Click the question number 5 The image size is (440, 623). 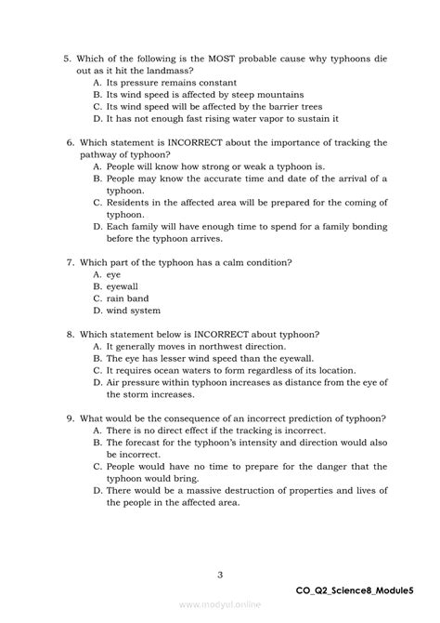point(68,58)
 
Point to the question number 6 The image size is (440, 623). point(68,142)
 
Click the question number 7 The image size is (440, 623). point(68,262)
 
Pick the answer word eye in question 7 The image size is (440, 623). point(113,274)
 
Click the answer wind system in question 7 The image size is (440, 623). point(133,311)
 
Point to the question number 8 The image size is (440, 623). point(68,334)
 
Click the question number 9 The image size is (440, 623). point(68,418)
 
